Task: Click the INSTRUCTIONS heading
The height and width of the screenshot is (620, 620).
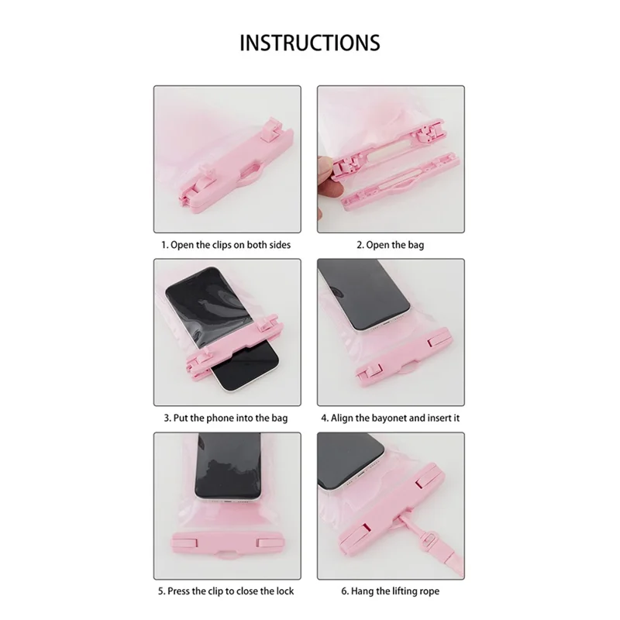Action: pos(310,42)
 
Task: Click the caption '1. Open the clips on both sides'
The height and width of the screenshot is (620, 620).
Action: pos(226,245)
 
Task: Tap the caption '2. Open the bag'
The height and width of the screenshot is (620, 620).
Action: pos(390,245)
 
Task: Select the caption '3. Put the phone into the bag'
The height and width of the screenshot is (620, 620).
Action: pos(226,418)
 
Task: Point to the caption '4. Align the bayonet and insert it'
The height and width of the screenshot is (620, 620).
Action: pos(391,418)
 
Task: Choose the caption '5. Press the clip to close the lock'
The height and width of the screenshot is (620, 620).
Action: pos(226,592)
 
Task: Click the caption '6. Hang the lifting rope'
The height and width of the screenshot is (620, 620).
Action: pos(390,592)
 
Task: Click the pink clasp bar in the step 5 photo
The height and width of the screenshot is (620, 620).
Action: pos(226,538)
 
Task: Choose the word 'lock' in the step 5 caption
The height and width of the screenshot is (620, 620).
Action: pos(283,592)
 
